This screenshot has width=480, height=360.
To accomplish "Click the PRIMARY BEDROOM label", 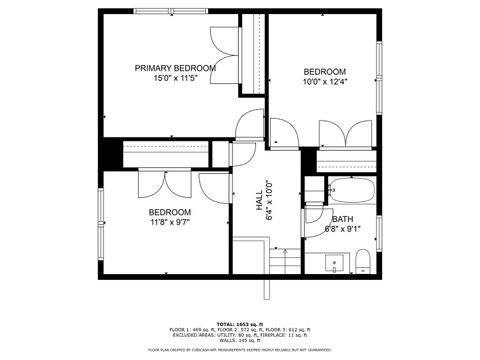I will pos(175,68).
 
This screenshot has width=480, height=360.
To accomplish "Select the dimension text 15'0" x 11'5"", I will pos(175,78).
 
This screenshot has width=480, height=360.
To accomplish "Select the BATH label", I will pos(342,219).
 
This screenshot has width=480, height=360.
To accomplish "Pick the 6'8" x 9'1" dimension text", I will pos(342,229).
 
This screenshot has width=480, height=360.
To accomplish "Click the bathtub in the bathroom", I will pos(351,189).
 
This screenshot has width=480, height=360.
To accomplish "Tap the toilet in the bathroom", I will pos(362,263).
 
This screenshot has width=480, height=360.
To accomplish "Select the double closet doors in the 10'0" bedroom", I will pos(345,133).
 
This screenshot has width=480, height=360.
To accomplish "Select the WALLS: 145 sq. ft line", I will pos(240,341).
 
